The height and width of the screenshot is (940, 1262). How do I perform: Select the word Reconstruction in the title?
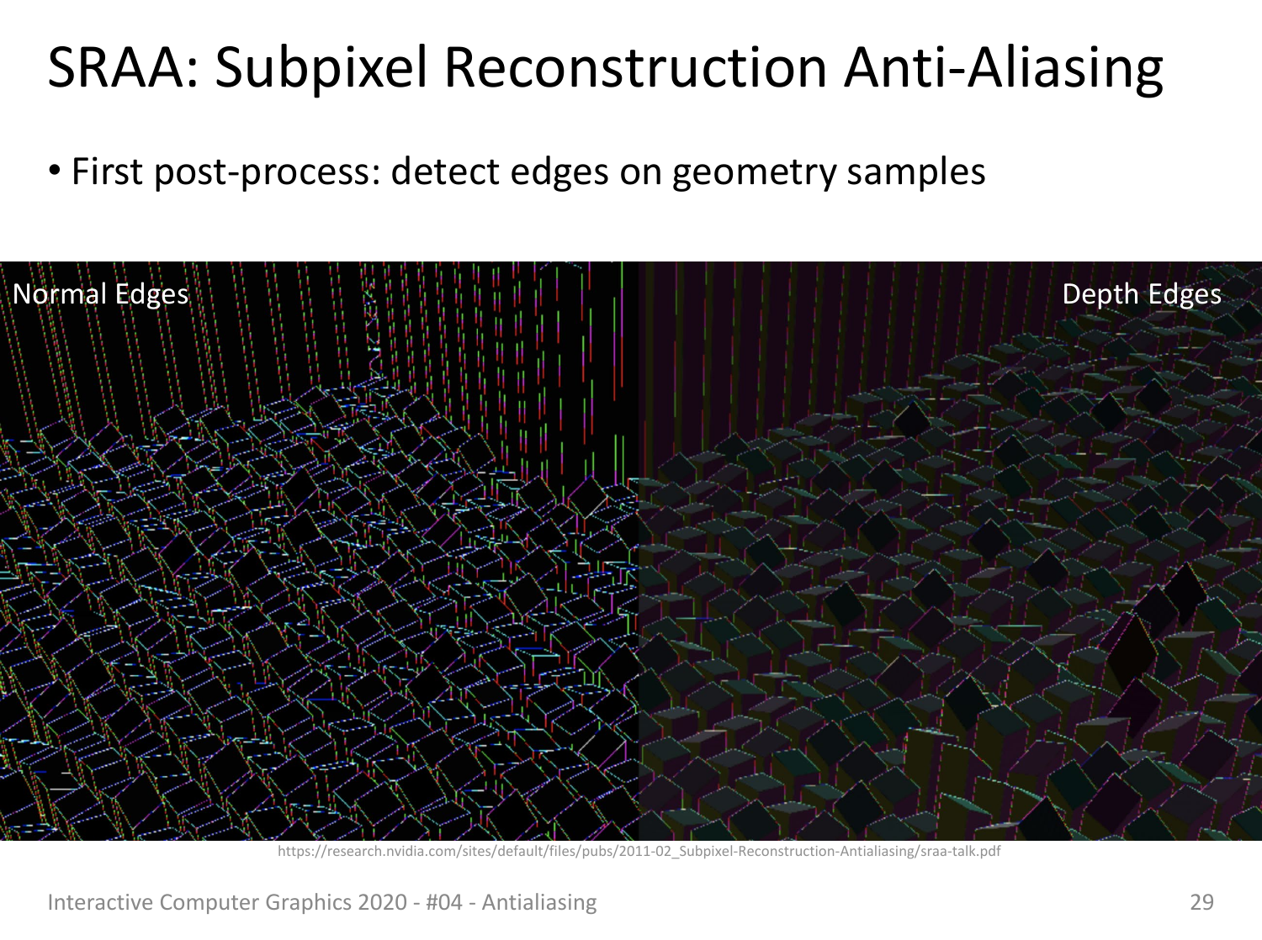tap(635, 67)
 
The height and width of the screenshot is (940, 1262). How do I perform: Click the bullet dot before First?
tap(55, 171)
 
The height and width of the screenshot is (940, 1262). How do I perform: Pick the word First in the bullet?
tap(107, 172)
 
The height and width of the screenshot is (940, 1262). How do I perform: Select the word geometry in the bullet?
tap(755, 173)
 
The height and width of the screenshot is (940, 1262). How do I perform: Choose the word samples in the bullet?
tap(916, 173)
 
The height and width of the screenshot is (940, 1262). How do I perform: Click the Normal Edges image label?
tap(101, 294)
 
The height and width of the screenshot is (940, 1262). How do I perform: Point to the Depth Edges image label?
tap(1141, 294)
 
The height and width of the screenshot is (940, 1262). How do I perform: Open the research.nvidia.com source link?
tap(639, 851)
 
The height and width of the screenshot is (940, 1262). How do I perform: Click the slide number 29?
tap(1201, 902)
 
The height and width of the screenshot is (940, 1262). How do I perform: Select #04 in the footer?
tap(444, 902)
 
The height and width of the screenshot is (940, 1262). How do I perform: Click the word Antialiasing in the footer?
tap(539, 903)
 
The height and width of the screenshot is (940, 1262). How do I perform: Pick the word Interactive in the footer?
tap(100, 902)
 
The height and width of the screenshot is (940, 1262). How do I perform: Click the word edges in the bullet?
tap(559, 173)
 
